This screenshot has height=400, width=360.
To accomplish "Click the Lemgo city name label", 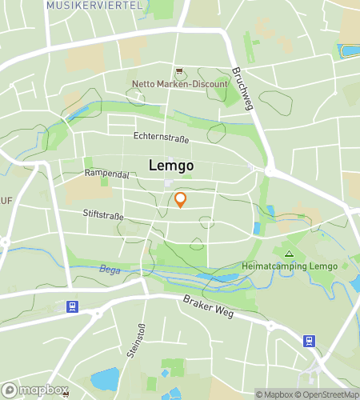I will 170,166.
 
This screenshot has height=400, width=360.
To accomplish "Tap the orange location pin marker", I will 181,200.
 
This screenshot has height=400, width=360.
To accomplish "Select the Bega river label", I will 109,270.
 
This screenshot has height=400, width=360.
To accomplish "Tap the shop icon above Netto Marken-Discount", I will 179,71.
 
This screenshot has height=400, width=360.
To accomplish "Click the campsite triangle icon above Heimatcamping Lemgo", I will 289,254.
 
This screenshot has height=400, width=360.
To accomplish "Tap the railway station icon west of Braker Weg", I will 72,306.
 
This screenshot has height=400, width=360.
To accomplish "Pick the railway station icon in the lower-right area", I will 308,341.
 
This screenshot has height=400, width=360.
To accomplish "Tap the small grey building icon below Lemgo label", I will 169,184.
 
